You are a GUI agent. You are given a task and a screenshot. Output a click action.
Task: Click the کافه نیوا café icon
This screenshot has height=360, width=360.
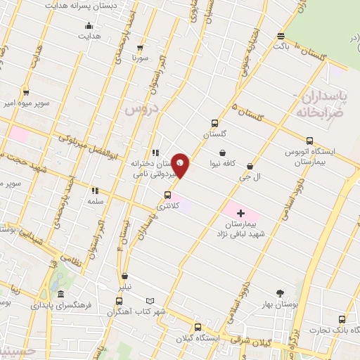coord(222,152)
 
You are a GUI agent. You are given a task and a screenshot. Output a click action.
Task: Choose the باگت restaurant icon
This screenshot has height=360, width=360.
coord(281,36)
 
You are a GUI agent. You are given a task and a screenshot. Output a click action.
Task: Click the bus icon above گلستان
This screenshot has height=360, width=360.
coord(216,122)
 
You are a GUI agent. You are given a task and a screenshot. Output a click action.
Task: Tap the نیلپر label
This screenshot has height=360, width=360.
coord(124,287)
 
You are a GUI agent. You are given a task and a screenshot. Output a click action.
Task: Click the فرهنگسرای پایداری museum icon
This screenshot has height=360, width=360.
coord(60,294)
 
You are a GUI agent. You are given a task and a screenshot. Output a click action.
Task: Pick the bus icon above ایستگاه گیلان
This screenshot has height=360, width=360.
coord(197,327)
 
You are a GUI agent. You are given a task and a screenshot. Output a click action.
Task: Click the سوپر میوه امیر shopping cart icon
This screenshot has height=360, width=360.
coord(26,92)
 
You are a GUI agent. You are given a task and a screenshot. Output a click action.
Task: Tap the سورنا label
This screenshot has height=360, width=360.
coord(141,59)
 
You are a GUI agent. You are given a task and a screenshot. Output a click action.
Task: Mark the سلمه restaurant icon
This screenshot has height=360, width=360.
coord(94,190)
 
